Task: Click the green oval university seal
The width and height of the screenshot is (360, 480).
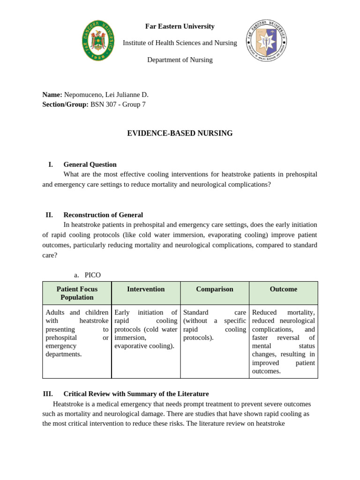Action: tap(98, 40)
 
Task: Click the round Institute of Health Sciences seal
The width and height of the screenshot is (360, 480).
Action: tap(266, 40)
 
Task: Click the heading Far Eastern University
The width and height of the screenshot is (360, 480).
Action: tap(180, 26)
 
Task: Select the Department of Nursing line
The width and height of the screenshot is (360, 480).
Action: tap(180, 60)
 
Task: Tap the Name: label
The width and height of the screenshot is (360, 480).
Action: tap(52, 95)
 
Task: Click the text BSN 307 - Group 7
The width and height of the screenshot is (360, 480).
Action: tap(118, 105)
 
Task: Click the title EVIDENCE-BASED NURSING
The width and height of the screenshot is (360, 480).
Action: tap(180, 134)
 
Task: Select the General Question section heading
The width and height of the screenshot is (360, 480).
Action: tap(90, 165)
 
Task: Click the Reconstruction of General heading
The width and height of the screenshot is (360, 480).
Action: tap(103, 215)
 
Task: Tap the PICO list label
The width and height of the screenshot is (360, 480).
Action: tap(92, 275)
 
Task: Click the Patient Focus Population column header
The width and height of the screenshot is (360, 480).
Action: tap(77, 293)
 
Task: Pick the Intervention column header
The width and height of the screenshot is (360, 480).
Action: tap(146, 289)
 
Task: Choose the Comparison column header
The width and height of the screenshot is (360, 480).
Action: tap(214, 289)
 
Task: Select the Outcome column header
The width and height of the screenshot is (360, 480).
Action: tap(283, 289)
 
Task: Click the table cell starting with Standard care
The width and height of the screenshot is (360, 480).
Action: tap(214, 325)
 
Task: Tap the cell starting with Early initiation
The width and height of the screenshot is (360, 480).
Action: tap(146, 329)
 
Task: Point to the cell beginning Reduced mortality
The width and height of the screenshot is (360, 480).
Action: tap(283, 341)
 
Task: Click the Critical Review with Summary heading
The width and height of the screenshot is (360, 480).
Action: tap(136, 394)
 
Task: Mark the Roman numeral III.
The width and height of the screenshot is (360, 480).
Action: tap(48, 394)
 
